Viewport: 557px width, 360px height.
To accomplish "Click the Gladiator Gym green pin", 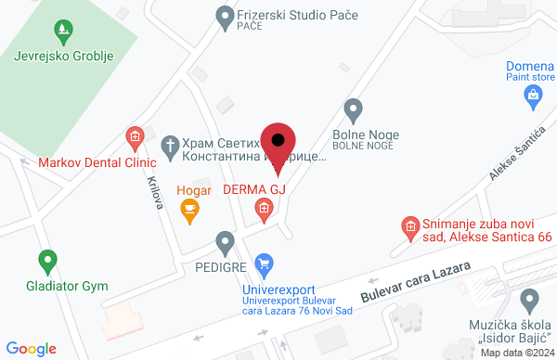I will [46, 261].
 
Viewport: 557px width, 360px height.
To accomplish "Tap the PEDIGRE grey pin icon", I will [225, 242].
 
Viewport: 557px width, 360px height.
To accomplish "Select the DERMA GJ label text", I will [253, 190].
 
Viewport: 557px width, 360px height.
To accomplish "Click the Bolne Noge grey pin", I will [353, 110].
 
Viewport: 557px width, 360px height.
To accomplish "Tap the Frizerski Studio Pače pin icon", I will [225, 16].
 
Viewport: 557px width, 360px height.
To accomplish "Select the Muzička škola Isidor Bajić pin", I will [530, 300].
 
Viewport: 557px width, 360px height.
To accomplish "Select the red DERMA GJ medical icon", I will [265, 210].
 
